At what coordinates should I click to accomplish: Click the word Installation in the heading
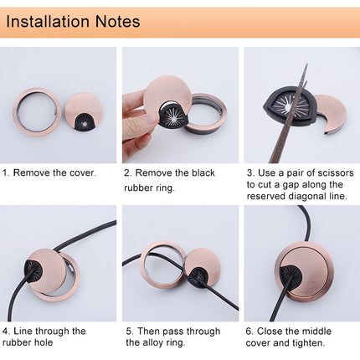48,22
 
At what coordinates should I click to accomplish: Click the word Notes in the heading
117,22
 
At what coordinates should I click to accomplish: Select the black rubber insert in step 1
85,121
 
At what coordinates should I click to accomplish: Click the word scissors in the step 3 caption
337,172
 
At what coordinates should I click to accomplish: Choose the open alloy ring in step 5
144,268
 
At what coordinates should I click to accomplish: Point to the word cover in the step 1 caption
83,172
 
